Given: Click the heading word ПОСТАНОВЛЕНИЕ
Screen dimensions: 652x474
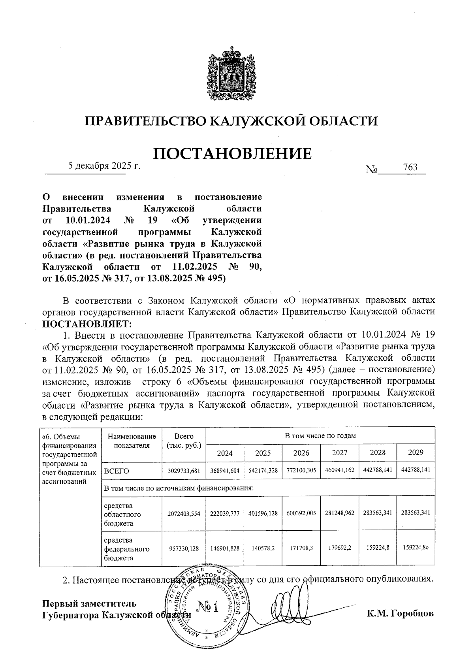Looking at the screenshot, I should pos(232,153).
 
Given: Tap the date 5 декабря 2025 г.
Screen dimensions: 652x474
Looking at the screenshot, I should pos(104,166).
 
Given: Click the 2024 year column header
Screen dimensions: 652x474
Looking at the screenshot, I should pos(225,453).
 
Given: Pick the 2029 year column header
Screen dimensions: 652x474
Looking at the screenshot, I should pos(416,452).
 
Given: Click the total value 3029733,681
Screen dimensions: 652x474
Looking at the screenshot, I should pos(184,471).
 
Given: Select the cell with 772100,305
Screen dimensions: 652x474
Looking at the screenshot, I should pos(301,471).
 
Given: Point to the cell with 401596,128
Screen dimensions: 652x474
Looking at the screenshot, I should pos(263,513).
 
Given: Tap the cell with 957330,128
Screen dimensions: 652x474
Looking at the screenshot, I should pos(184,548).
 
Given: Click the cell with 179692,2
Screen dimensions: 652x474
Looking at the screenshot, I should pos(339,548).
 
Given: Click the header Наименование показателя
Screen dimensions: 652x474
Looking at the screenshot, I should pos(132,441).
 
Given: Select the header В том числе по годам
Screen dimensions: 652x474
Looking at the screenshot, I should pos(320,436).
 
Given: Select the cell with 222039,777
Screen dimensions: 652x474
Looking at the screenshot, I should pos(225,513).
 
